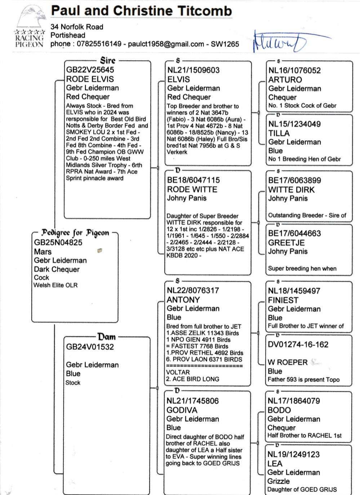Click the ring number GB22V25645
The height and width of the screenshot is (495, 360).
point(90,70)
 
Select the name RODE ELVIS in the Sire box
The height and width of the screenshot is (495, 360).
point(90,79)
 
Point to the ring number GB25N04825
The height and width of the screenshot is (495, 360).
point(58,243)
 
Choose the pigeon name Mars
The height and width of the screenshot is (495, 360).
point(43,252)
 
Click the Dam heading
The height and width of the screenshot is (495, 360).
point(107,337)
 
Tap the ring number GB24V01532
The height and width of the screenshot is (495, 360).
point(90,347)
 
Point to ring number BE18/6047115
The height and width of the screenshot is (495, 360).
point(193,180)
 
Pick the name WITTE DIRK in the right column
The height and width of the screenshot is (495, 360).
point(291,190)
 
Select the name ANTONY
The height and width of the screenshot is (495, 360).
point(183,300)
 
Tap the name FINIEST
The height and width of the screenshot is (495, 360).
point(283,300)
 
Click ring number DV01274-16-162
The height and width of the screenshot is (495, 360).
point(298,345)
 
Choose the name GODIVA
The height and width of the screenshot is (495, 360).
point(182,410)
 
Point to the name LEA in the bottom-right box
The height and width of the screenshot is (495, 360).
point(275,463)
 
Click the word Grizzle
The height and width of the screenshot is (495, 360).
point(278,481)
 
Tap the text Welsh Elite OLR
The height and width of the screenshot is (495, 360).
point(55,285)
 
